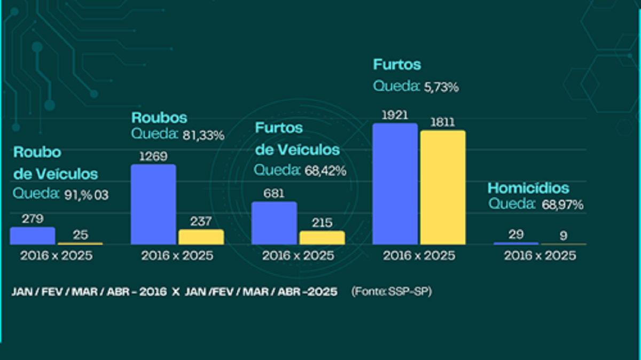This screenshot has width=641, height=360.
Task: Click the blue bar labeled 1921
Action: point(395,184)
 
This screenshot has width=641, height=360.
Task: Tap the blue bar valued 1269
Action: point(153,204)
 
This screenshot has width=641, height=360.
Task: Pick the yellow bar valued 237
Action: point(201,237)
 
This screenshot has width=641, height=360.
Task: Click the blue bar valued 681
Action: point(274,223)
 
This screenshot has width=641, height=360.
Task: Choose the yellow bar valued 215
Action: point(322,238)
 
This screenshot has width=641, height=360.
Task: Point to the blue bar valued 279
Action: point(33,236)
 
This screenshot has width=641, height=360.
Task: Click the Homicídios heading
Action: point(528,188)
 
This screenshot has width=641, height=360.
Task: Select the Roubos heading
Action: point(159,118)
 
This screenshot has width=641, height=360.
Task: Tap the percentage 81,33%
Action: point(203,136)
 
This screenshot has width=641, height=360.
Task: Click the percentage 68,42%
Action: point(325,171)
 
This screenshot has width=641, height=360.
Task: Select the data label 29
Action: point(516,234)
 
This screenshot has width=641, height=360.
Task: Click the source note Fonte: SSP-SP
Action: point(391,292)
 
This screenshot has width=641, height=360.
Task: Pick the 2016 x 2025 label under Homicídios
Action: point(540,256)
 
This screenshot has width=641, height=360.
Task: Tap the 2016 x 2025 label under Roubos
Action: point(177,256)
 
